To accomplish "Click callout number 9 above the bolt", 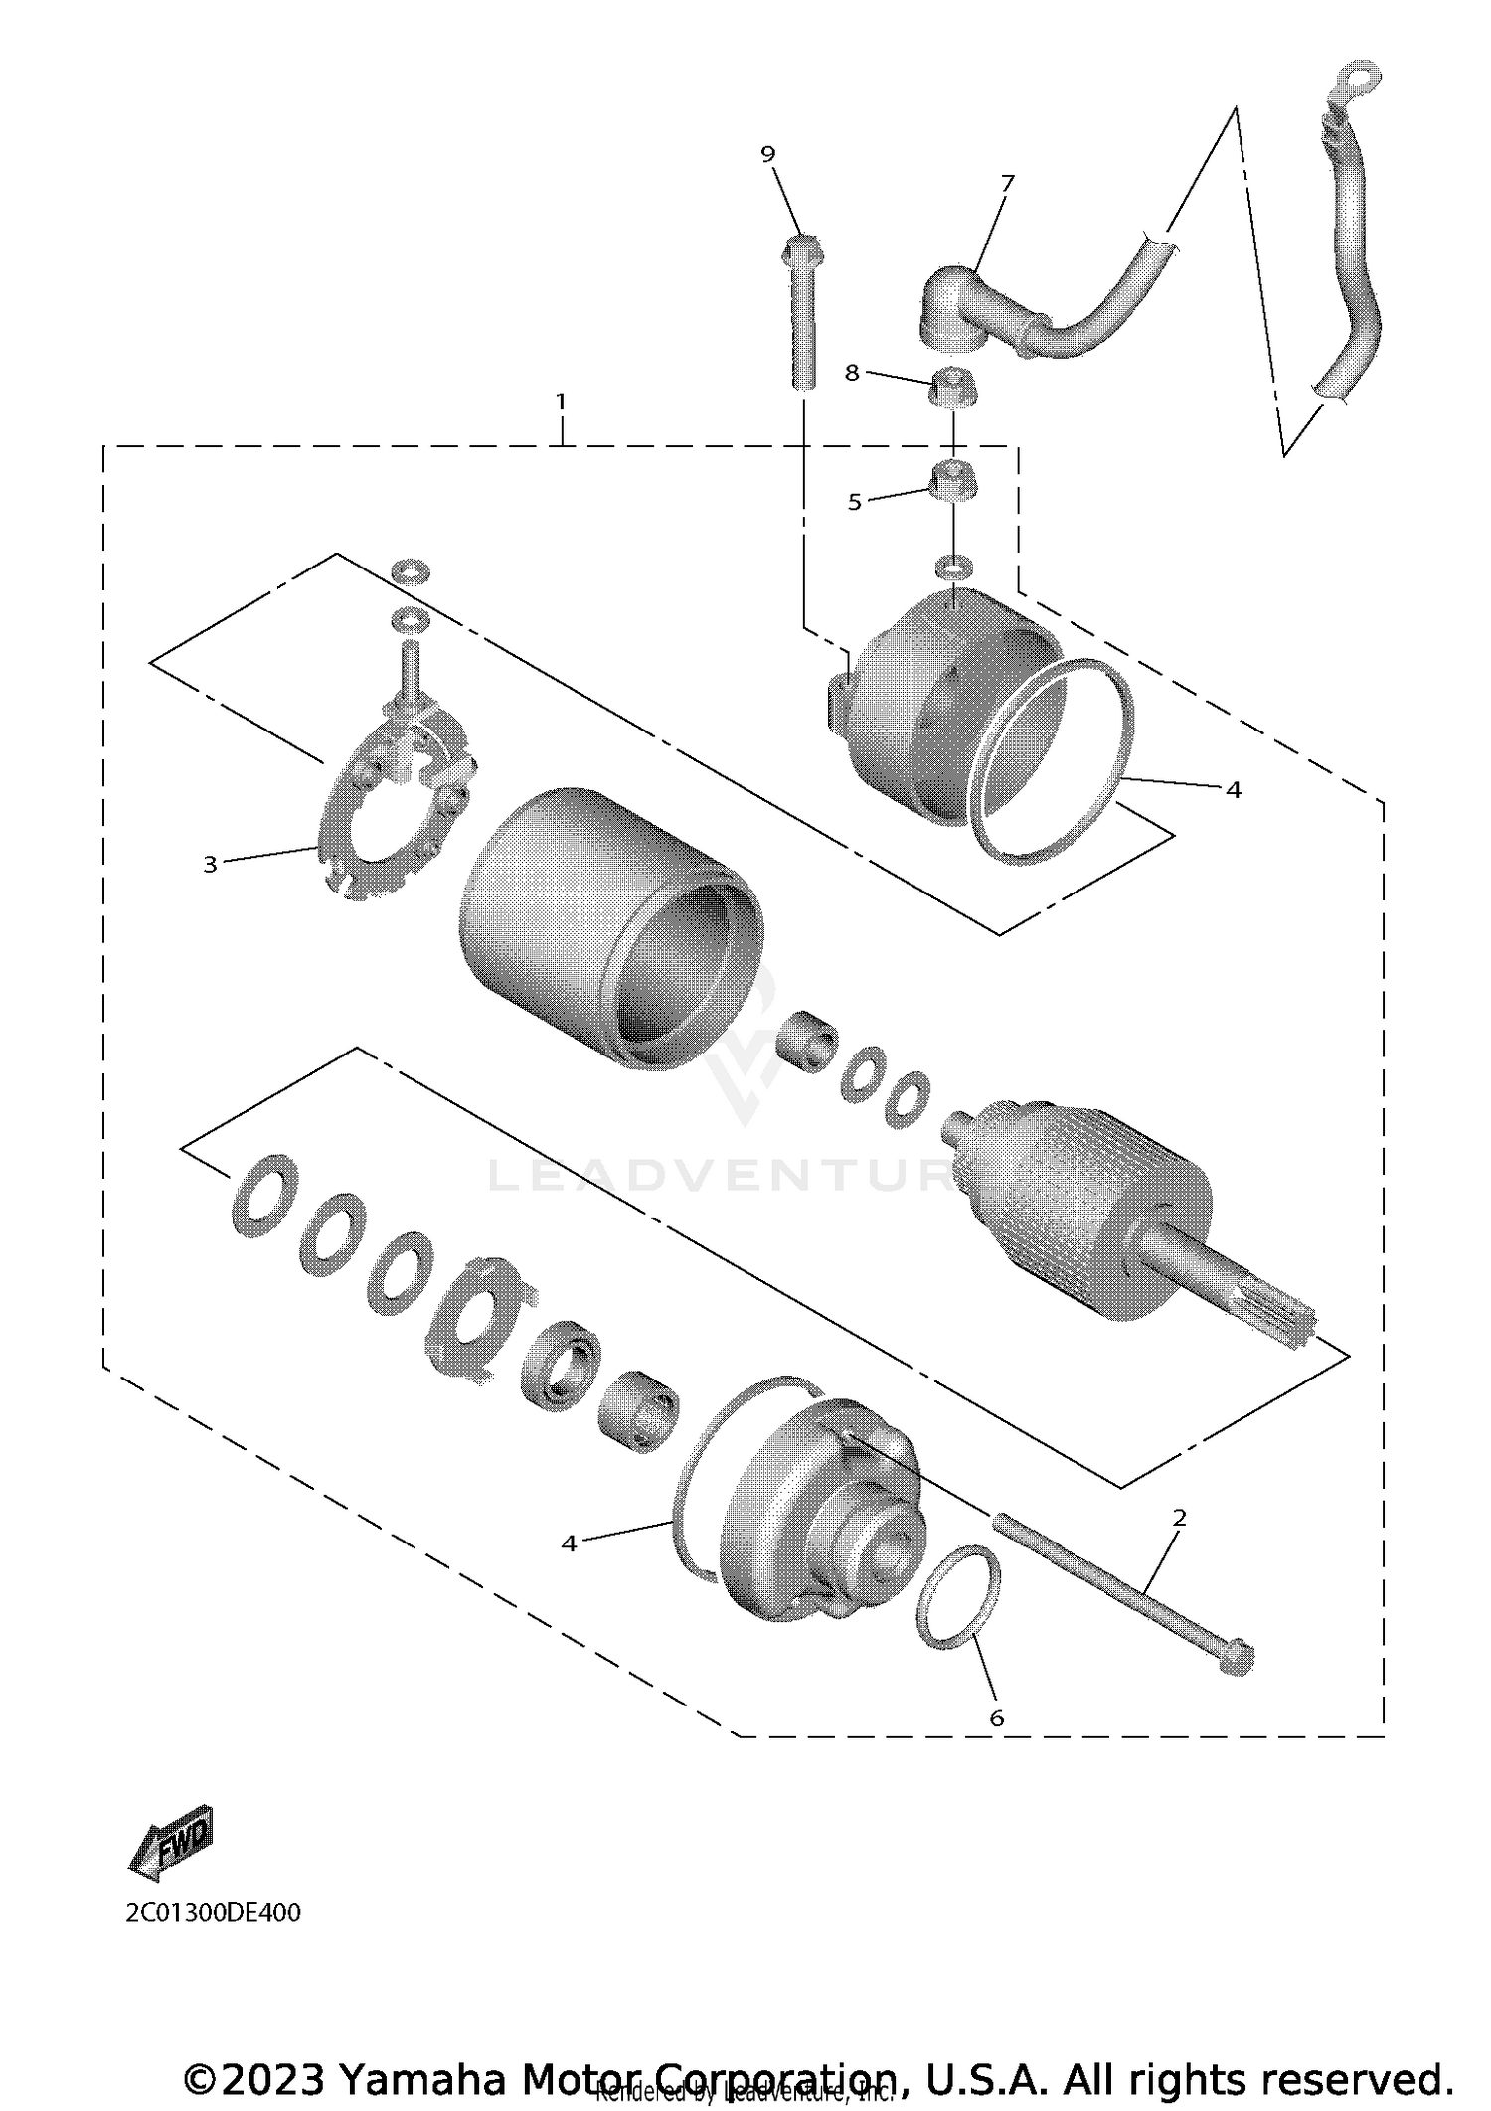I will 767,154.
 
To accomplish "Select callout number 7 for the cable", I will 1008,183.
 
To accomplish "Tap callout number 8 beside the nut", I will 852,373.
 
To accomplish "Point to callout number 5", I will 855,503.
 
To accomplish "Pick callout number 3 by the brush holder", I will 210,865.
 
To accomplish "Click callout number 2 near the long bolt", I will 1180,1518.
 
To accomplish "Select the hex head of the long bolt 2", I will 1235,1656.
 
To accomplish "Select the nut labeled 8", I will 952,387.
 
